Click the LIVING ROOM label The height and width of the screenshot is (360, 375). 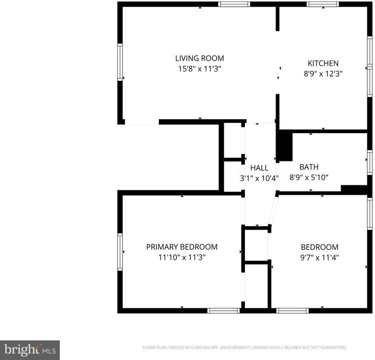point(199,58)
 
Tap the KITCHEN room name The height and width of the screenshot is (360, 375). point(323,63)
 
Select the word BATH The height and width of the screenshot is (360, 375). point(309,167)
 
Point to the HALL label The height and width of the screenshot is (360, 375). point(259,168)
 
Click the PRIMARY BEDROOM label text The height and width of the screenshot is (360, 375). point(182,247)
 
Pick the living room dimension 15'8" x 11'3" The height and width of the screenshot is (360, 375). point(199,69)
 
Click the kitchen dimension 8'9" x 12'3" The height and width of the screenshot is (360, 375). point(323,74)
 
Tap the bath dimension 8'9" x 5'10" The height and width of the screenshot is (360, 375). point(309,177)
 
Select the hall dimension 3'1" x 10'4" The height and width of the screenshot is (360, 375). point(259,178)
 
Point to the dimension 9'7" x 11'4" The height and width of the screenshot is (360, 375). point(320,258)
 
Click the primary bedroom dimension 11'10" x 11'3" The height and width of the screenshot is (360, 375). point(182,258)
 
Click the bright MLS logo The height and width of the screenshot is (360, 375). point(30,350)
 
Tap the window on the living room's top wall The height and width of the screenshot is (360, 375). point(234,4)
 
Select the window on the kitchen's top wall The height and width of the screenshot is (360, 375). point(323,4)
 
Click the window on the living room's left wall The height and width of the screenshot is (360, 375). point(120,62)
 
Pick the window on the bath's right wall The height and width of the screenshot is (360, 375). point(370,162)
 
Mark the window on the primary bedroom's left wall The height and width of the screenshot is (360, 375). point(120,252)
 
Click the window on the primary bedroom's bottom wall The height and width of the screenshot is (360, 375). point(223,310)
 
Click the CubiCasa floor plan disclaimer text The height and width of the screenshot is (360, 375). point(245,348)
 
